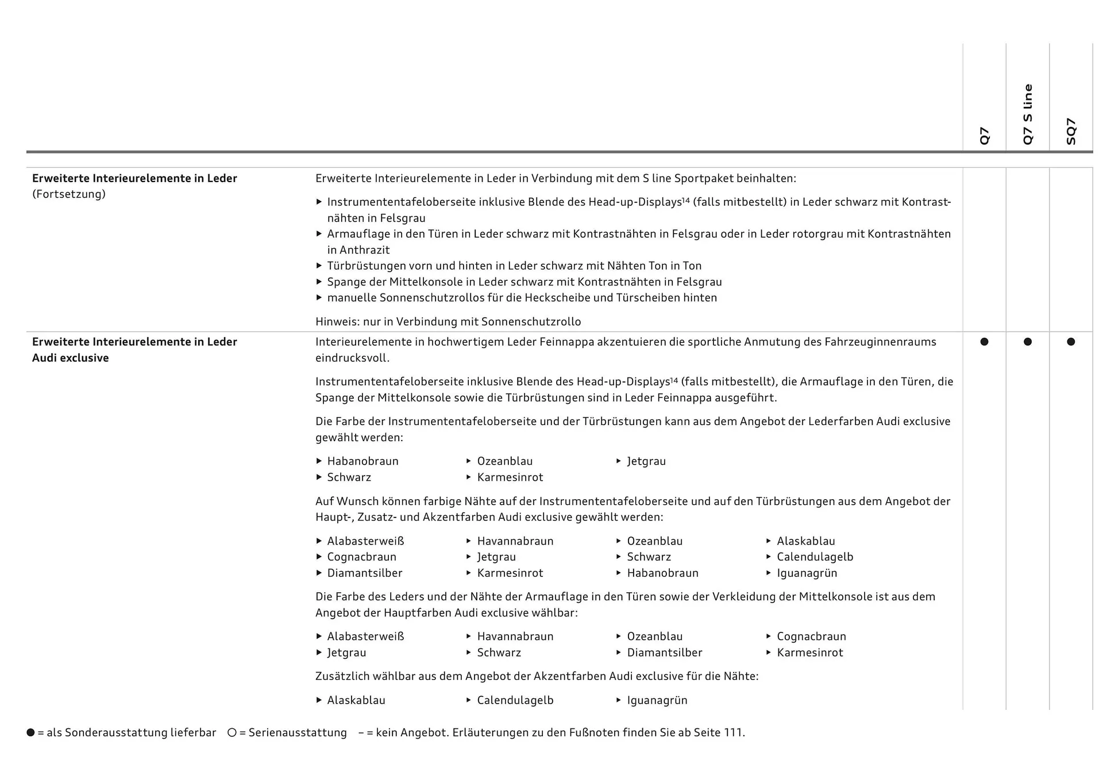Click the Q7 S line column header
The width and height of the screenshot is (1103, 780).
click(x=1028, y=114)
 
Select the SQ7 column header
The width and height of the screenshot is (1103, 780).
click(x=1071, y=131)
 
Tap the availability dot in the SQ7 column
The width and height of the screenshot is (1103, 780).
click(x=1071, y=342)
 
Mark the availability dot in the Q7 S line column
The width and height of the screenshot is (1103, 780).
click(x=1028, y=342)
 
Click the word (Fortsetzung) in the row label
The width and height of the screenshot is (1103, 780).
click(x=69, y=194)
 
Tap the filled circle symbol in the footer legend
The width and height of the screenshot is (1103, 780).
click(x=31, y=732)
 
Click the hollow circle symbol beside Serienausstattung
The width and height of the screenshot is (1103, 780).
click(x=232, y=732)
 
